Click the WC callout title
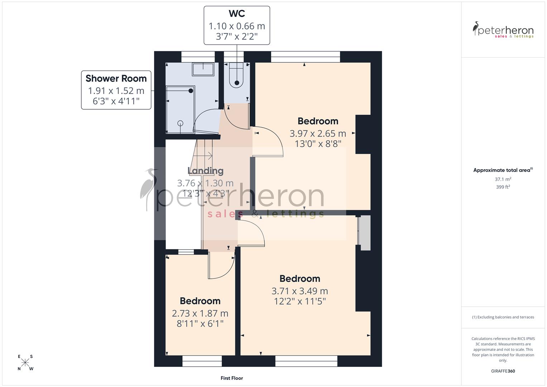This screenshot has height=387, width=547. coord(237,14)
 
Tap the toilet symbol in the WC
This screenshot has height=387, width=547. coord(237,75)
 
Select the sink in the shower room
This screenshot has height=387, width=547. coord(203,69)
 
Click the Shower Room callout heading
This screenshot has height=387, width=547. coord(116,78)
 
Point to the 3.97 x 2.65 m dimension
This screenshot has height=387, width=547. coord(318,134)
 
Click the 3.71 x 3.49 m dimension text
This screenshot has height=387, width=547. coord(300,291)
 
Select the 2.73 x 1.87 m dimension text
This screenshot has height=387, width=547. coord(200,313)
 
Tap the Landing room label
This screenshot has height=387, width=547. coord(205,171)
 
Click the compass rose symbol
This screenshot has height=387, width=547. coord(25,362)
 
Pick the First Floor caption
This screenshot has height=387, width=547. coord(232,378)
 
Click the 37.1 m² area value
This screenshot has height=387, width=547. coord(503,179)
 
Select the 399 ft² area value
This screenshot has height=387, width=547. coord(503,187)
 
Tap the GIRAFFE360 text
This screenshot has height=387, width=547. coord(503,371)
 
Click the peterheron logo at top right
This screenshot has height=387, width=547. coord(503,30)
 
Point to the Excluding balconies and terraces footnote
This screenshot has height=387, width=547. coord(503,317)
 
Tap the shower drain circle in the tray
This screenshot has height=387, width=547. coord(180,123)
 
